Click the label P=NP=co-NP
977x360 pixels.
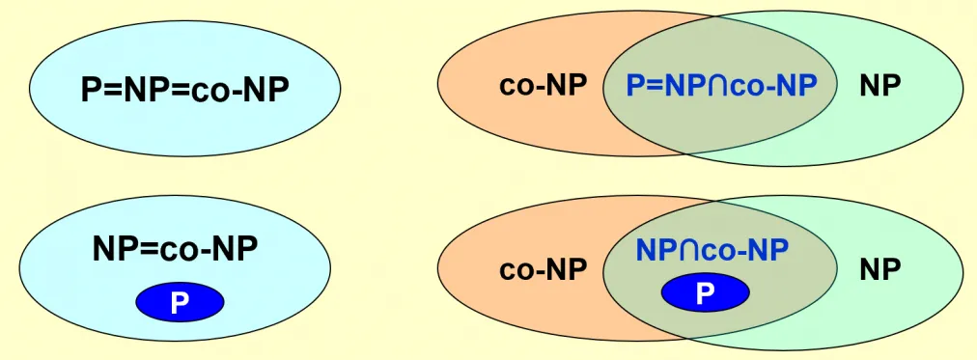[185, 90]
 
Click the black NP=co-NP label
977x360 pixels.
[175, 250]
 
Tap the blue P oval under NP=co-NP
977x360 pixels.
[180, 302]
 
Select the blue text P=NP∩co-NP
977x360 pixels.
[721, 86]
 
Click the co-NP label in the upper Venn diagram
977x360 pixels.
[543, 86]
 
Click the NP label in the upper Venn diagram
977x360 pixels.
[879, 86]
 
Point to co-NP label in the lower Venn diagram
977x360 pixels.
[543, 269]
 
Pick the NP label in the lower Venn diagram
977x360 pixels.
[879, 269]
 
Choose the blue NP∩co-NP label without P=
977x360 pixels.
[712, 250]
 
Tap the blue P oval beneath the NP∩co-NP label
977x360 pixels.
[705, 292]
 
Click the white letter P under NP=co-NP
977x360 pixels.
[180, 303]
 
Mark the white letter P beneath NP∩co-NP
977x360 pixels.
[705, 292]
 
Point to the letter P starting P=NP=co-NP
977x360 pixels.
[91, 90]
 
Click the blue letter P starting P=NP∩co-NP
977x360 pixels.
[635, 86]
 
